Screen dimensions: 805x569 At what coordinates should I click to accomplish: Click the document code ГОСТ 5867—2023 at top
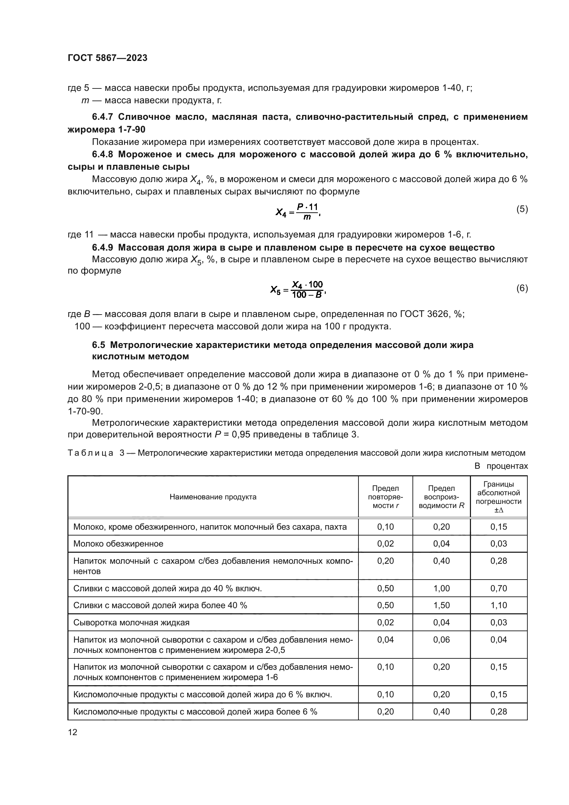tap(107, 58)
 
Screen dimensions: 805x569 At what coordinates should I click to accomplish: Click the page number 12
tap(73, 732)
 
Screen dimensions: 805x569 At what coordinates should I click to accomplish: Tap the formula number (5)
tap(522, 209)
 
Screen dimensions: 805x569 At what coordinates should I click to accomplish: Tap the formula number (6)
tap(522, 288)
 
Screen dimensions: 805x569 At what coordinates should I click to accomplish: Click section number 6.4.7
tap(102, 117)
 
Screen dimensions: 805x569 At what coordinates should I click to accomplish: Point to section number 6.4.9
tap(102, 247)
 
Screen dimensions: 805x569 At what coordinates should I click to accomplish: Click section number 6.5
tap(98, 345)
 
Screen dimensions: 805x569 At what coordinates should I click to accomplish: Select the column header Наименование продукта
tap(213, 497)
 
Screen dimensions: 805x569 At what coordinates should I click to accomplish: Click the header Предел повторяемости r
tap(385, 497)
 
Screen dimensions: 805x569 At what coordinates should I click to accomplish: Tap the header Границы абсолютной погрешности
tap(498, 497)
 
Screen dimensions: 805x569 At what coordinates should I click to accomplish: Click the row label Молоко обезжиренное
tap(118, 544)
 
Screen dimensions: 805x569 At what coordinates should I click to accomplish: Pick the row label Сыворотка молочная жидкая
tap(131, 622)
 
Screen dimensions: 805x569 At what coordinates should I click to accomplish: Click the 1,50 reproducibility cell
tap(441, 605)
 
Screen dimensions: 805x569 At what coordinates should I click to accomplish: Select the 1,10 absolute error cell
tap(498, 605)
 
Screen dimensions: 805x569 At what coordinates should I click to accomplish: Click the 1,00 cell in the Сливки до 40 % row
tap(441, 588)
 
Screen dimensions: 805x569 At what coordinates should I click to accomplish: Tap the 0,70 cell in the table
tap(498, 588)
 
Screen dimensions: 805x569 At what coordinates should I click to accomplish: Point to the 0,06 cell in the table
tap(441, 639)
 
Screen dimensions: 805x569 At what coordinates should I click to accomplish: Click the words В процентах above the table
tap(501, 466)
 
